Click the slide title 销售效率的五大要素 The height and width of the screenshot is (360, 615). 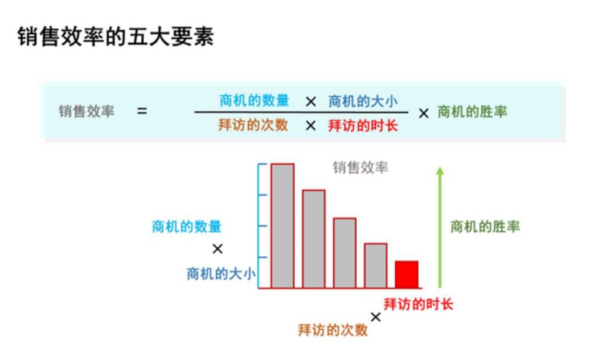[x=116, y=37]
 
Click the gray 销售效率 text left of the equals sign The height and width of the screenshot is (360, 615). [x=87, y=112]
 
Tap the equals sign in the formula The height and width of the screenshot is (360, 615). [x=142, y=112]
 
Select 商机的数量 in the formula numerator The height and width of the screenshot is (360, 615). [x=254, y=100]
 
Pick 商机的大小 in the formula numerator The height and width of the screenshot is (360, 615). [x=363, y=101]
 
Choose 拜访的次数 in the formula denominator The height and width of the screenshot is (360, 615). [x=253, y=125]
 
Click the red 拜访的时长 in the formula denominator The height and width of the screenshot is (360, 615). [x=363, y=126]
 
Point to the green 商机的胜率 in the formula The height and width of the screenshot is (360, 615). [x=472, y=112]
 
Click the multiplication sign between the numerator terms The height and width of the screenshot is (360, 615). [x=311, y=101]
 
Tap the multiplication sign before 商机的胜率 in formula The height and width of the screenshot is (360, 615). [x=424, y=113]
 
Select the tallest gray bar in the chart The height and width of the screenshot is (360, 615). [x=282, y=226]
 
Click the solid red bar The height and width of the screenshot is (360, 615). [x=407, y=275]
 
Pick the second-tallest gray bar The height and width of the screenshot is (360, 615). [x=314, y=239]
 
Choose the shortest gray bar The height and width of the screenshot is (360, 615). [x=376, y=266]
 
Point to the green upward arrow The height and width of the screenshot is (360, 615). [x=440, y=227]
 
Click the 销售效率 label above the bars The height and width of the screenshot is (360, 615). [x=360, y=167]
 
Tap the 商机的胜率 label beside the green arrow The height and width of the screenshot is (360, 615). [x=485, y=227]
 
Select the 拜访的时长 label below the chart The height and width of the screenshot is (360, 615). [x=418, y=304]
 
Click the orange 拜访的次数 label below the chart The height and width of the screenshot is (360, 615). [x=333, y=330]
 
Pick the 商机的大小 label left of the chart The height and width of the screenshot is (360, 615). [x=221, y=274]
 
